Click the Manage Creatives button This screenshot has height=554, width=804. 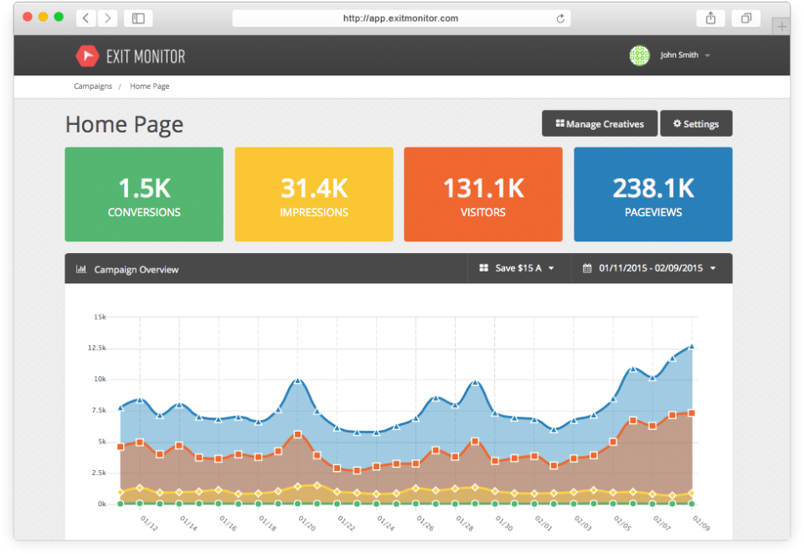pyautogui.click(x=600, y=124)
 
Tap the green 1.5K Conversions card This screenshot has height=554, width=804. pyautogui.click(x=144, y=194)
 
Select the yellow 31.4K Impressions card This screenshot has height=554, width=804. pyautogui.click(x=313, y=194)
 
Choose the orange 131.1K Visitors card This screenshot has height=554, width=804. pyautogui.click(x=482, y=194)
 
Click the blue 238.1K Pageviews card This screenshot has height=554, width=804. pyautogui.click(x=652, y=194)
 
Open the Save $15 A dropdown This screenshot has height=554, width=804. pyautogui.click(x=518, y=268)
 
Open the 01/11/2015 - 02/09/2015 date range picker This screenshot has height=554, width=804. pyautogui.click(x=652, y=268)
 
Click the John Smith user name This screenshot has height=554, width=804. pyautogui.click(x=679, y=55)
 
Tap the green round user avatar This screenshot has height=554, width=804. pyautogui.click(x=639, y=55)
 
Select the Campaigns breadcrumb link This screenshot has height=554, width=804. pyautogui.click(x=92, y=86)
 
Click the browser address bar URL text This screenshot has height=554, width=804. pyautogui.click(x=400, y=18)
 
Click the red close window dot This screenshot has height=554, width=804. pyautogui.click(x=27, y=17)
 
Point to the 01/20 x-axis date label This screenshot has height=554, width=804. pyautogui.click(x=307, y=524)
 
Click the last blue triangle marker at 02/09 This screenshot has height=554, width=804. pyautogui.click(x=692, y=345)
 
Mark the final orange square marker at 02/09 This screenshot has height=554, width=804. pyautogui.click(x=692, y=412)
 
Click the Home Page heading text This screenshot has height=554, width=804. pyautogui.click(x=124, y=125)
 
